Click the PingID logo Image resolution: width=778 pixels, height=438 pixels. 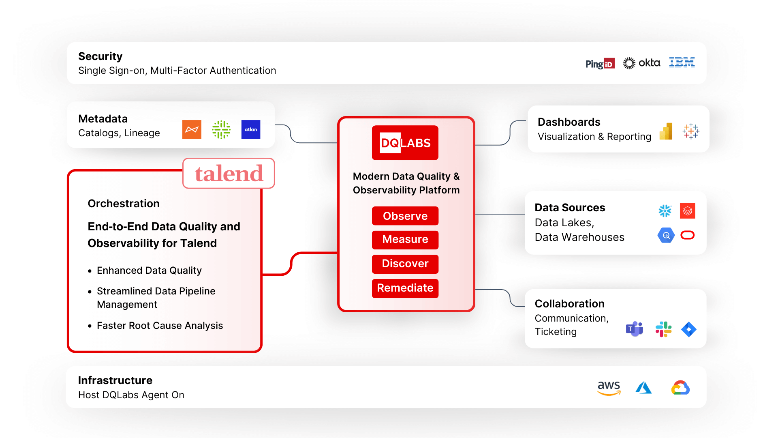point(600,64)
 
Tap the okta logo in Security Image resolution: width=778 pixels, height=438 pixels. point(641,63)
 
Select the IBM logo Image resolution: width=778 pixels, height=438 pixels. point(682,62)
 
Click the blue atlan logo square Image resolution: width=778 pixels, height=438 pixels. point(250,129)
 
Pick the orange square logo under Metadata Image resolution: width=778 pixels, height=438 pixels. point(192,129)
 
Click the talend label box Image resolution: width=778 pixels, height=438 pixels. point(229,174)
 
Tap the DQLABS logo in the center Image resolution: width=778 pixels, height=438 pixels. point(405,143)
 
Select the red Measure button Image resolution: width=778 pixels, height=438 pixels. point(405,239)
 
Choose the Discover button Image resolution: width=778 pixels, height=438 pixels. point(405,264)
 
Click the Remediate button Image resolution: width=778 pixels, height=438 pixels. point(405,288)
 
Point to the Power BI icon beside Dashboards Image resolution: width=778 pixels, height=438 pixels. point(666,131)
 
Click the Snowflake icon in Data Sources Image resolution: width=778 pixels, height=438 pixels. point(665,210)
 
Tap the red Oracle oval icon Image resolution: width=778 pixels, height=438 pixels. point(688,235)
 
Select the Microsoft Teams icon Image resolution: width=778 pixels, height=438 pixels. point(634,329)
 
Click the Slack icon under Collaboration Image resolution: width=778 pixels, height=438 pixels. point(663,329)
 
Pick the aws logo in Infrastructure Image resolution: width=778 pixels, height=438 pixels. point(609,388)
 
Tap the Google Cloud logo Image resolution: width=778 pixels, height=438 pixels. point(680,388)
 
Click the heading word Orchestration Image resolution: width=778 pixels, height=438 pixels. point(124,204)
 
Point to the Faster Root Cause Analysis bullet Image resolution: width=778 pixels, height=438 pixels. point(160,326)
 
